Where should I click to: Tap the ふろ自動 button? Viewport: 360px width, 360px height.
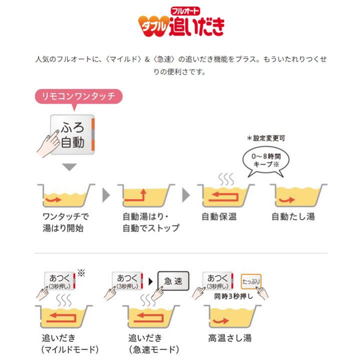tap(72, 134)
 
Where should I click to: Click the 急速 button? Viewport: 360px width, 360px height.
tap(173, 281)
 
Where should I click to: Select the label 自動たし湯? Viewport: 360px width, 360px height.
tap(293, 216)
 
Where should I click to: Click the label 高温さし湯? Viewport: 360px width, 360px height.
tap(230, 338)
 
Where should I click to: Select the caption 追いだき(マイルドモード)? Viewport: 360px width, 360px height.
tap(70, 343)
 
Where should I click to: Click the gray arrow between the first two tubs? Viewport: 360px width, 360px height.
tap(105, 194)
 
